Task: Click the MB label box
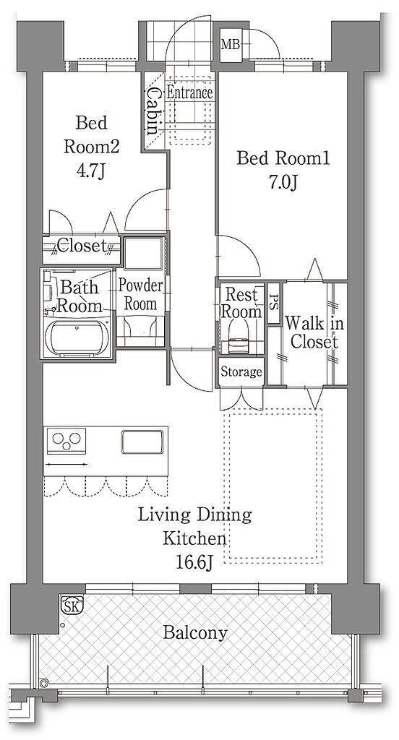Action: point(231,45)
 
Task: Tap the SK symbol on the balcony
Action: point(72,605)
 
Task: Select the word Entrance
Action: point(189,92)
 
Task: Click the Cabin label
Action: point(153,111)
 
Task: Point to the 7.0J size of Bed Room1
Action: point(283,183)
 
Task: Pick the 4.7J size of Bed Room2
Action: point(90,171)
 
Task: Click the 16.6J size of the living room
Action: point(194,562)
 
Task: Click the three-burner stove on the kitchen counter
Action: point(66,440)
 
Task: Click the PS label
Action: point(273,303)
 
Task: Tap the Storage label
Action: point(241,372)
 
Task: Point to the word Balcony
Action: point(195,632)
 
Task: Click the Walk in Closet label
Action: point(314,332)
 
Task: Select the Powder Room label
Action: point(140,295)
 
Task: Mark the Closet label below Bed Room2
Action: point(82,246)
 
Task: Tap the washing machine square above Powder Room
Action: point(144,254)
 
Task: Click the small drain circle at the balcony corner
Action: point(44,682)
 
